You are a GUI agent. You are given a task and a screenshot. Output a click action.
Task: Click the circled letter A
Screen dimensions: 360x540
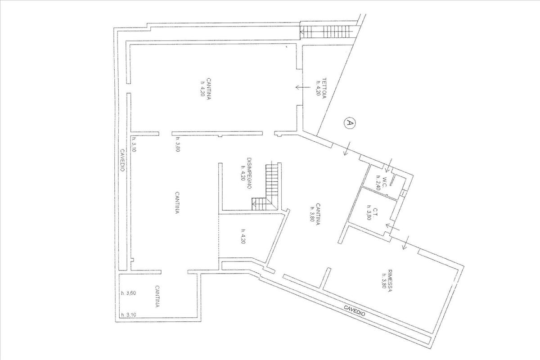click(349, 123)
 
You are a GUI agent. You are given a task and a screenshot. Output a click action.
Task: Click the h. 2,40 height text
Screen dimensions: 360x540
click(378, 183)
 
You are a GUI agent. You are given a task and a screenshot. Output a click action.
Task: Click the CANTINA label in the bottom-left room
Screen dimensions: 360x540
click(158, 297)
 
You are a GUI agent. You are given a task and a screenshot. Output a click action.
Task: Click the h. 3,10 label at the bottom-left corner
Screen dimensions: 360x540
click(128, 315)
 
